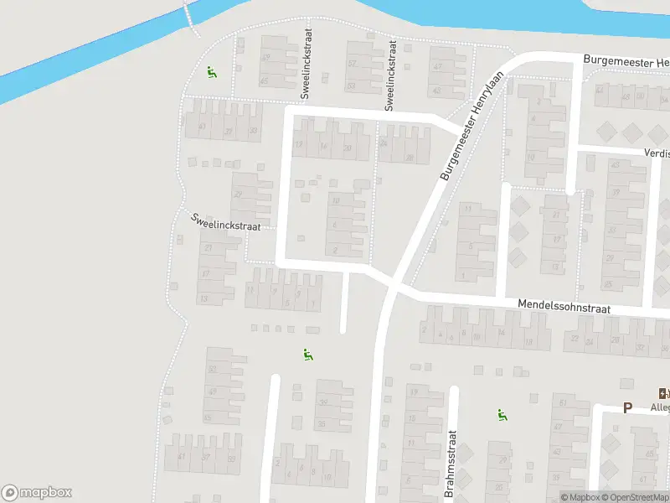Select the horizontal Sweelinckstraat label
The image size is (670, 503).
click(x=226, y=221)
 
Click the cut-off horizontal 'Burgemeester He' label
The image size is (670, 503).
click(x=626, y=63)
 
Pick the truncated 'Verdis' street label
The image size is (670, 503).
click(x=657, y=153)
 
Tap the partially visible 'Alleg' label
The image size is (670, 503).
click(x=660, y=407)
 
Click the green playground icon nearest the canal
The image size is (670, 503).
click(x=211, y=71)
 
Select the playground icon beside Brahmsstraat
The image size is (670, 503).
click(x=502, y=414)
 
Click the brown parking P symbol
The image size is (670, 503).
click(x=626, y=408)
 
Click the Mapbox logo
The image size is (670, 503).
click(x=37, y=493)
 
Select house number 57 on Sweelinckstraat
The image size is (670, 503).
click(x=352, y=65)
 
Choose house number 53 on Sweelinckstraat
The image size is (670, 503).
click(x=352, y=86)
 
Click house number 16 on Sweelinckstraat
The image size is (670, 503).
click(x=323, y=147)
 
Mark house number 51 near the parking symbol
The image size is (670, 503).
click(x=562, y=404)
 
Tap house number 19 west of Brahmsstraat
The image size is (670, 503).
click(x=412, y=392)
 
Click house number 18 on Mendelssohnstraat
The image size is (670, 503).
click(x=528, y=342)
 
